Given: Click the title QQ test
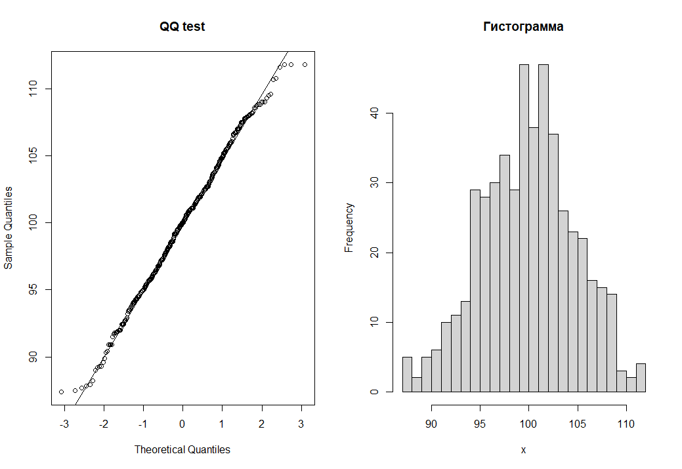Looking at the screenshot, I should [182, 27].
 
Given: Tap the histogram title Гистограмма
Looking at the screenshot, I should [523, 27].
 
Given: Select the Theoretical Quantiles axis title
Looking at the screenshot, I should [182, 449].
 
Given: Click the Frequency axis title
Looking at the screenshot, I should [349, 228].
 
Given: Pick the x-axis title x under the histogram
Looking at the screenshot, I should [523, 450].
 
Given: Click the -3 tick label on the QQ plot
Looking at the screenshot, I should [64, 424].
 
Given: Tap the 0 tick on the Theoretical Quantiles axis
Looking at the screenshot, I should [182, 424].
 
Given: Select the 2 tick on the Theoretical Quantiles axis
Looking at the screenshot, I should [261, 424].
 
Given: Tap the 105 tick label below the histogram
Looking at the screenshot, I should [578, 424].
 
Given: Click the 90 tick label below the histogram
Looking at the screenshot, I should [431, 424].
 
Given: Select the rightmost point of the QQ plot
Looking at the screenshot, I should [305, 64].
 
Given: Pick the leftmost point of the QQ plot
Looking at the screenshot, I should [61, 392].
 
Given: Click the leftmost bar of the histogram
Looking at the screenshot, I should [407, 375].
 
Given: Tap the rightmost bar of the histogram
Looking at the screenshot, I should [641, 378].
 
